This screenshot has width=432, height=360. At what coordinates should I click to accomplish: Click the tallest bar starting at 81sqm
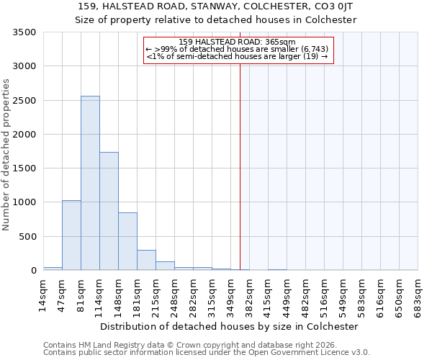pyautogui.click(x=90, y=183)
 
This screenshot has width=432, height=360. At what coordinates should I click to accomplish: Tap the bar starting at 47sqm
pyautogui.click(x=71, y=235)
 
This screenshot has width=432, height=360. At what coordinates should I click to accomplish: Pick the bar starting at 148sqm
pyautogui.click(x=127, y=241)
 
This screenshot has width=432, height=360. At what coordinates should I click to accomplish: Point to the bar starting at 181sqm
pyautogui.click(x=146, y=260)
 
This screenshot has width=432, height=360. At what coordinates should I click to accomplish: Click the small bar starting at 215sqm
pyautogui.click(x=165, y=266)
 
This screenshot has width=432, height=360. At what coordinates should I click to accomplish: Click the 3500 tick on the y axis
pyautogui.click(x=24, y=32)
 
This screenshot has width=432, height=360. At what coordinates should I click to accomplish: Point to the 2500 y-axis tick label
pyautogui.click(x=24, y=101)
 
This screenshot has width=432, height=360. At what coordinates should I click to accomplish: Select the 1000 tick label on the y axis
pyautogui.click(x=24, y=202)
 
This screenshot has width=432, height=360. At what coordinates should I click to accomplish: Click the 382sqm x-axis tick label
pyautogui.click(x=250, y=295)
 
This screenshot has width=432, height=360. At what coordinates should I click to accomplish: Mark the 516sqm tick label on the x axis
pyautogui.click(x=325, y=295)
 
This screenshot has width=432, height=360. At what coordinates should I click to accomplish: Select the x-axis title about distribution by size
pyautogui.click(x=230, y=326)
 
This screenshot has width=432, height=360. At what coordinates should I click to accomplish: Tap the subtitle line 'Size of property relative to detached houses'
pyautogui.click(x=216, y=19)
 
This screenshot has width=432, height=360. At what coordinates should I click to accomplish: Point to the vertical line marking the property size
pyautogui.click(x=240, y=166)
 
